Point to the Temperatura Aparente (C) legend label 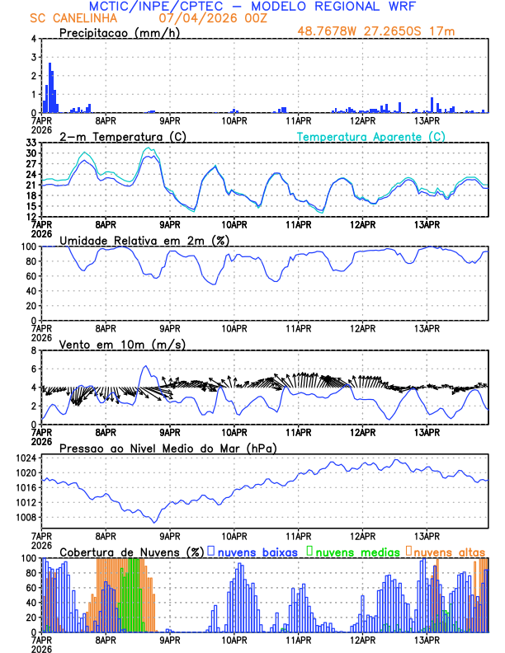pos(371,136)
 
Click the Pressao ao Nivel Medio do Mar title pos(168,448)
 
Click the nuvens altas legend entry pos(446,552)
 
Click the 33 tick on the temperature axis pos(32,142)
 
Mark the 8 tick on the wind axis pos(35,350)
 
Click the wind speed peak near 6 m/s pos(145,366)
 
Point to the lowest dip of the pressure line pos(154,521)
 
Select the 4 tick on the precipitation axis pos(35,39)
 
